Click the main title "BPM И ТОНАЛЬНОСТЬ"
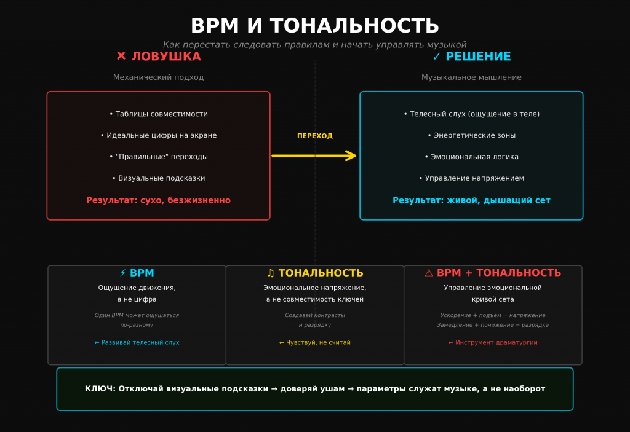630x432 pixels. [x=314, y=26]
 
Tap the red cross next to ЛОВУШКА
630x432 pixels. [x=121, y=57]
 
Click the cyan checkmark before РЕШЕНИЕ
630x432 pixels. [x=436, y=57]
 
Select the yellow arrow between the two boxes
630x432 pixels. [x=314, y=155]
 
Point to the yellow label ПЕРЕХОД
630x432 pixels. [x=314, y=136]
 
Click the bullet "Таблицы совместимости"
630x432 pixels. [x=158, y=114]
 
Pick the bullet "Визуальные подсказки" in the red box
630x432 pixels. [x=158, y=178]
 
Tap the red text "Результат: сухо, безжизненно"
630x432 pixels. [x=158, y=200]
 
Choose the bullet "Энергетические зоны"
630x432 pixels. [x=471, y=135]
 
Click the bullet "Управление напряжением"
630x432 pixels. [x=471, y=178]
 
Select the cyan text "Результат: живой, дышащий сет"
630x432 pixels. [x=471, y=200]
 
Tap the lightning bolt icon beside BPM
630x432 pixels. [x=123, y=273]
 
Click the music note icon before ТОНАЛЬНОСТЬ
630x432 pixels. [x=271, y=273]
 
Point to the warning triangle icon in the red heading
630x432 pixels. [x=429, y=273]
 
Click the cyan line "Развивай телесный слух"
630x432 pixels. [x=137, y=342]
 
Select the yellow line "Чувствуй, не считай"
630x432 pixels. [x=315, y=342]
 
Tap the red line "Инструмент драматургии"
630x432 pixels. [x=493, y=342]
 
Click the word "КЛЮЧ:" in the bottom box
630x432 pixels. [x=100, y=389]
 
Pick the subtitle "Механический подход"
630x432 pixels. [x=158, y=77]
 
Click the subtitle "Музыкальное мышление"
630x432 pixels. [x=471, y=77]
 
